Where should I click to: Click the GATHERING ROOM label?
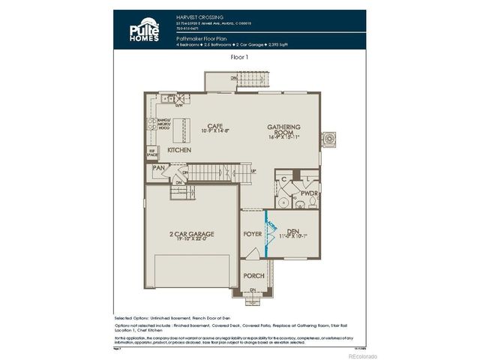point(283,130)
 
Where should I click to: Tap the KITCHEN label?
point(178,150)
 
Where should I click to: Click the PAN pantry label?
point(158,168)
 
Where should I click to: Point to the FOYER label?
point(253,234)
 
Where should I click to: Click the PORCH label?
point(253,275)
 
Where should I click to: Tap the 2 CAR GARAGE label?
point(191,235)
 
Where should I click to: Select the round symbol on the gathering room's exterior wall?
point(328,139)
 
